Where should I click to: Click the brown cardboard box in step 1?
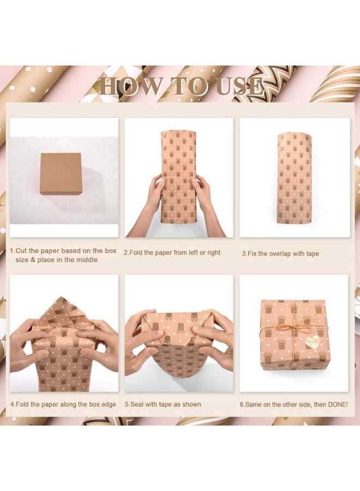tap(61, 174)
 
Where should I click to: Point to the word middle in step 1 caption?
tap(87, 260)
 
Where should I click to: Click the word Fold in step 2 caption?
tap(136, 253)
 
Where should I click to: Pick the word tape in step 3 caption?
tap(312, 254)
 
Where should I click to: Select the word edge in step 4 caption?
tap(109, 405)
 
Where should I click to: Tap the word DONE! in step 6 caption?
tap(338, 405)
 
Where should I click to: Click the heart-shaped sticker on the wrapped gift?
tap(311, 342)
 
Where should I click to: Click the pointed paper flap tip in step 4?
tap(62, 297)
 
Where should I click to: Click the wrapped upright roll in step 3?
tap(294, 178)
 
